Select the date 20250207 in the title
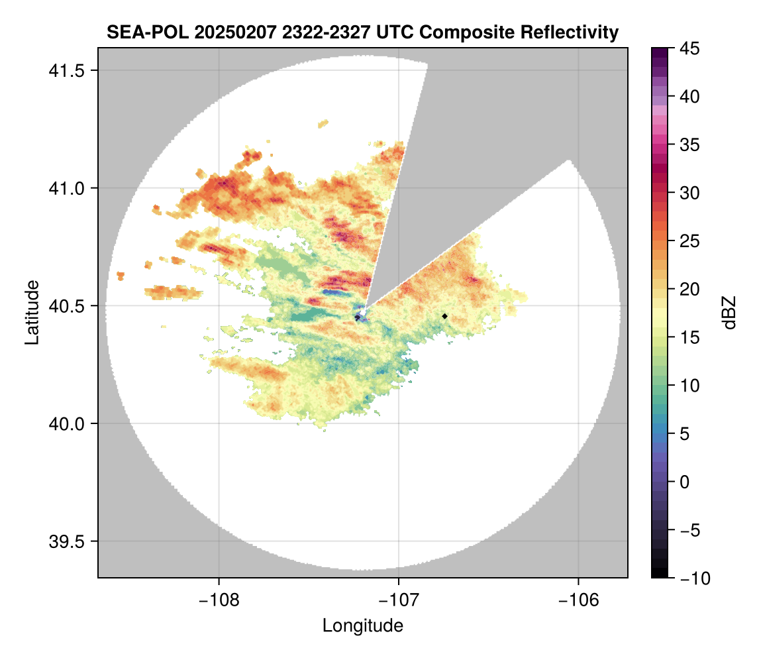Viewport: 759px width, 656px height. [x=225, y=32]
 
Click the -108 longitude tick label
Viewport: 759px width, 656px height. [x=219, y=600]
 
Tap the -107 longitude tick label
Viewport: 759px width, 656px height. [x=399, y=600]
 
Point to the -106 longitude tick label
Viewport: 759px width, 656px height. [x=579, y=600]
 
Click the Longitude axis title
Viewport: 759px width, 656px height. [x=362, y=626]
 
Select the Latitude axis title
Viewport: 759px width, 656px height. [x=32, y=311]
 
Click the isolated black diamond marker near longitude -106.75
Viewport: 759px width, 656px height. [x=444, y=316]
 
